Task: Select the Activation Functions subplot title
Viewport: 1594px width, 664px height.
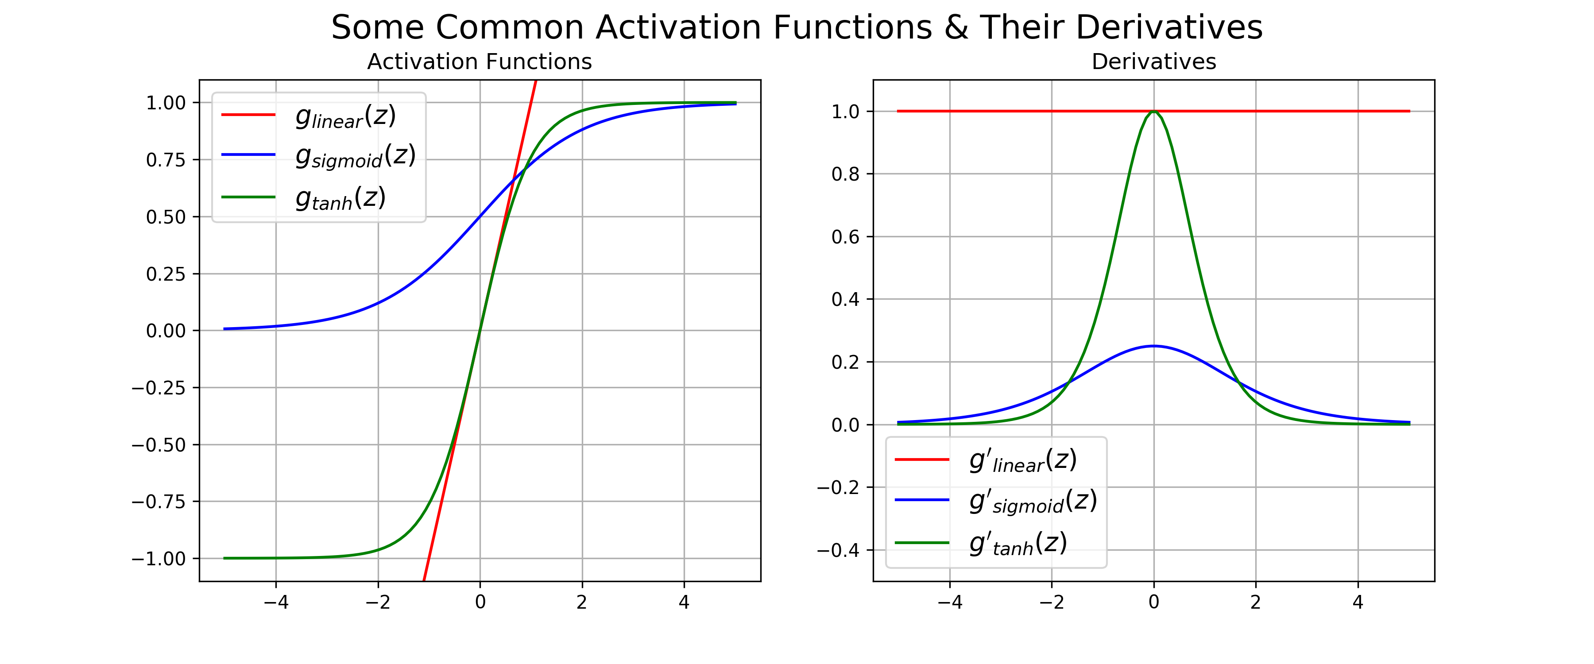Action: pos(480,62)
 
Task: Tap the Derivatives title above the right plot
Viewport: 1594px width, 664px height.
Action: pos(1153,62)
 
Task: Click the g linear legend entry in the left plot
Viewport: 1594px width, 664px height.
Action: pos(345,116)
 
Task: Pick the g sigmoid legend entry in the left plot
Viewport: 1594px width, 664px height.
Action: pos(355,155)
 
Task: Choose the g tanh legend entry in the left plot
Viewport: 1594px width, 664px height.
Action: pos(340,198)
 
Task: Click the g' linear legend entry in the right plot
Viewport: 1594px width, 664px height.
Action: pos(1023,460)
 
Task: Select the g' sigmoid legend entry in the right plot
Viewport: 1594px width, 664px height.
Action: pos(1033,501)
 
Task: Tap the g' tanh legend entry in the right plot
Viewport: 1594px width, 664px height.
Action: pos(1018,543)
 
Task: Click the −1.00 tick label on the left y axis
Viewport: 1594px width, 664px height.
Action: pos(159,559)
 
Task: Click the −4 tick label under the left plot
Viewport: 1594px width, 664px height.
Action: pos(276,602)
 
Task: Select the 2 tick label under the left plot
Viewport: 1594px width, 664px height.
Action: pos(582,602)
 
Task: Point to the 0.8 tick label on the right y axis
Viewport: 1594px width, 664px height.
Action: pos(845,174)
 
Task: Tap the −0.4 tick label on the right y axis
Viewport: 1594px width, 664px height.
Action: pos(838,550)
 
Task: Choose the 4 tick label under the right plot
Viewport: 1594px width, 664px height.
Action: pos(1358,602)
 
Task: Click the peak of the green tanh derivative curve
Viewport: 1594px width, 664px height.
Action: pos(1153,112)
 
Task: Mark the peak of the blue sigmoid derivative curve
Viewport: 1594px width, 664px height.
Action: pos(1153,346)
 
